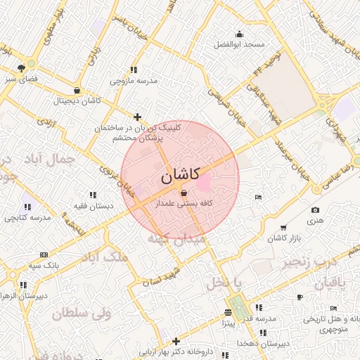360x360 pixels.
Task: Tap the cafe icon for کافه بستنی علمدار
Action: tap(184, 192)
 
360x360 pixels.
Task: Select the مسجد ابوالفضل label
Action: tap(240, 44)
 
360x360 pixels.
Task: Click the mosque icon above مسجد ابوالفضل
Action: tap(240, 34)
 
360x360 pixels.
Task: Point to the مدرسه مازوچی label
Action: tap(134, 80)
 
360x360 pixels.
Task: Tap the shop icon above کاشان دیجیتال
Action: tap(77, 91)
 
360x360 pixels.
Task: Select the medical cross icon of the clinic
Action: tap(138, 117)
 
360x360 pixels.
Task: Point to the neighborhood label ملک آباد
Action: tap(105, 257)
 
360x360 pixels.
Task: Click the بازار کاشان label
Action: tap(284, 238)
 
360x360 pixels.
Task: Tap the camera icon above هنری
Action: tap(314, 210)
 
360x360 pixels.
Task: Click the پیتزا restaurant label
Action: tap(229, 323)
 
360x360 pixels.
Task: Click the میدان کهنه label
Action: tap(176, 239)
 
